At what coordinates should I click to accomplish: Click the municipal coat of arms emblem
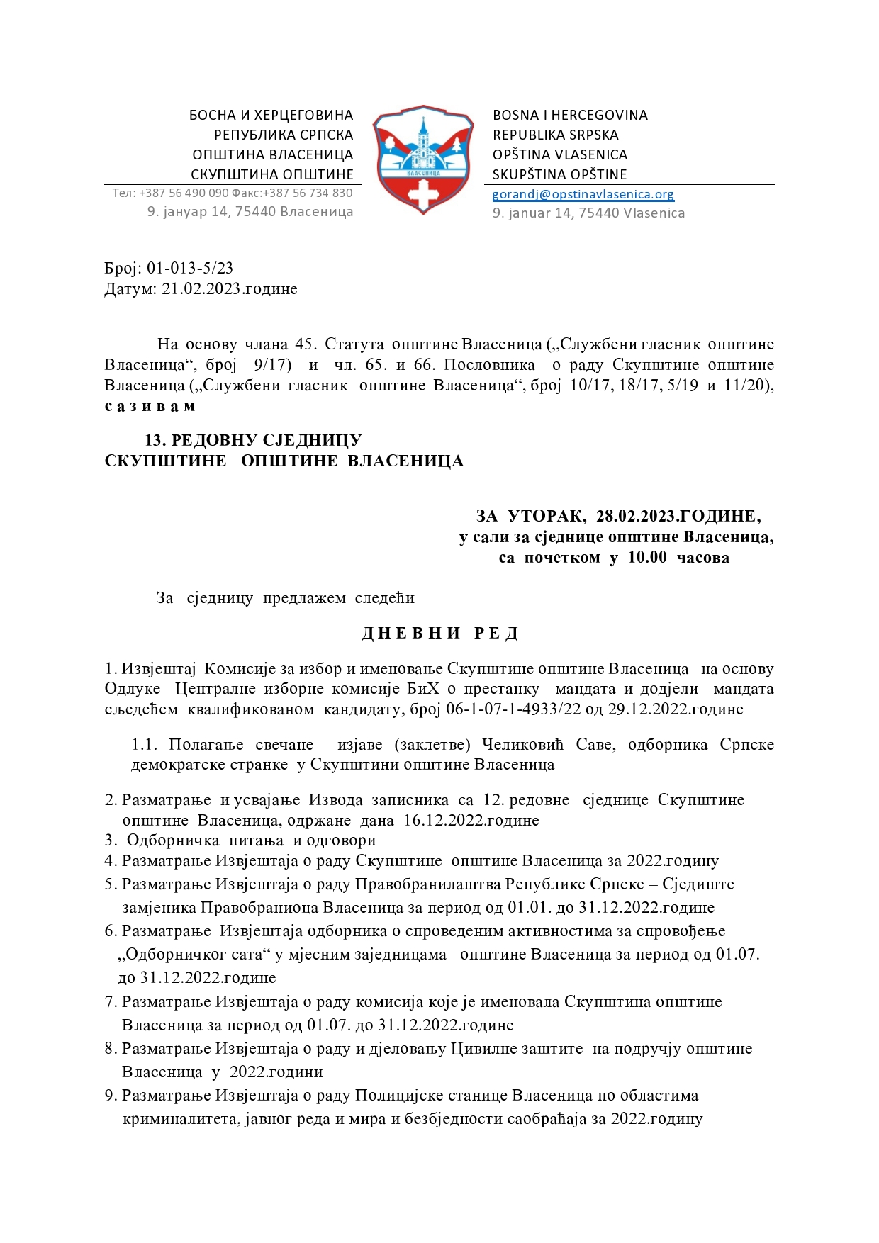423,159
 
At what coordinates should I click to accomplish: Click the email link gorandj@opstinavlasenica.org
583,194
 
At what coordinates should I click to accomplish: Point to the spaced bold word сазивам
150,407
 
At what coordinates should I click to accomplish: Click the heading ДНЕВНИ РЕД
439,634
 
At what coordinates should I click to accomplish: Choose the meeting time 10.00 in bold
647,558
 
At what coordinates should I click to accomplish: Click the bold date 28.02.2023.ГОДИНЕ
678,517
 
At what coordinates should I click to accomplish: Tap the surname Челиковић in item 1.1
522,745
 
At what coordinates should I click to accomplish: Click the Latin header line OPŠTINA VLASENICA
560,154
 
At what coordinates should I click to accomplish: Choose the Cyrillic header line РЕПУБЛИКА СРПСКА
284,135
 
